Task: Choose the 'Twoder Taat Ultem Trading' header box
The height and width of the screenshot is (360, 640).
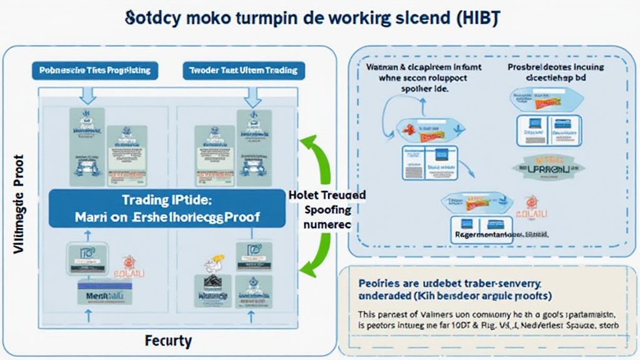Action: tap(243, 71)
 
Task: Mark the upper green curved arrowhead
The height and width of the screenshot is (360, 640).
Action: tap(307, 144)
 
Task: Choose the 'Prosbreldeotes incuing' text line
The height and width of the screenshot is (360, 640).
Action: tap(546, 64)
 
